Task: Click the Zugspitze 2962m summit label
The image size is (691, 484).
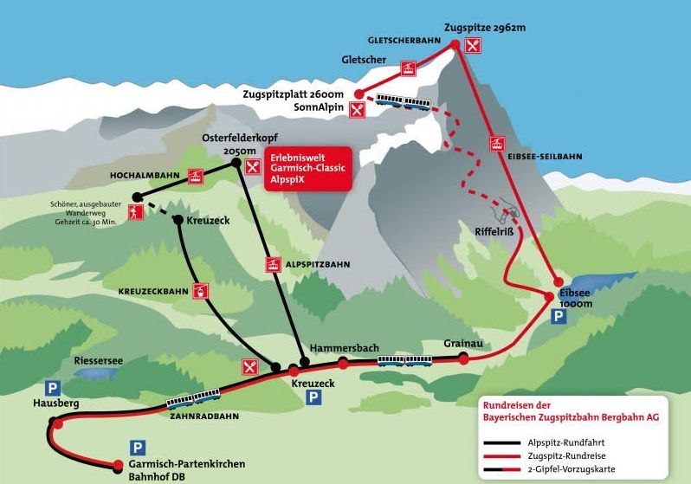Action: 485,28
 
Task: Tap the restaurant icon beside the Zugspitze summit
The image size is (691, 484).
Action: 473,45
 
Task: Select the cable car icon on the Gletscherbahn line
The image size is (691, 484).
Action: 408,68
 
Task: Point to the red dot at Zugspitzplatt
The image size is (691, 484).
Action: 359,94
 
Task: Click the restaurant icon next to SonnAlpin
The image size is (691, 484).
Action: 358,109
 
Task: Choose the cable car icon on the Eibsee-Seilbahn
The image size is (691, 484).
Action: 498,143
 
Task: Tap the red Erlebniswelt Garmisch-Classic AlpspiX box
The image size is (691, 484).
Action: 308,169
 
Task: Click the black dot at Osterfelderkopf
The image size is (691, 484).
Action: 236,163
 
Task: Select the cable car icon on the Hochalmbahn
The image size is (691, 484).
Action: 196,177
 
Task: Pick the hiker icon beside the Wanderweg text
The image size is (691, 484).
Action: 134,212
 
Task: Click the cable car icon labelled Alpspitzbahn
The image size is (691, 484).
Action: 274,264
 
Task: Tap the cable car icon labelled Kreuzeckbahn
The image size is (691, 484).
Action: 201,291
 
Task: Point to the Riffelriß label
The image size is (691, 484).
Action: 494,232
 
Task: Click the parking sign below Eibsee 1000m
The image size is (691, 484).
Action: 559,317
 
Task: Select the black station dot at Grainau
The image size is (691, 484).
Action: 463,356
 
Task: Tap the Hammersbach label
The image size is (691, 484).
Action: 344,348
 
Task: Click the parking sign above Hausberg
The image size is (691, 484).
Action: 53,389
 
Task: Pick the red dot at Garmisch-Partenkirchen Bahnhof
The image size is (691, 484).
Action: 118,465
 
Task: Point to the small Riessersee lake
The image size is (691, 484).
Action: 94,373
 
